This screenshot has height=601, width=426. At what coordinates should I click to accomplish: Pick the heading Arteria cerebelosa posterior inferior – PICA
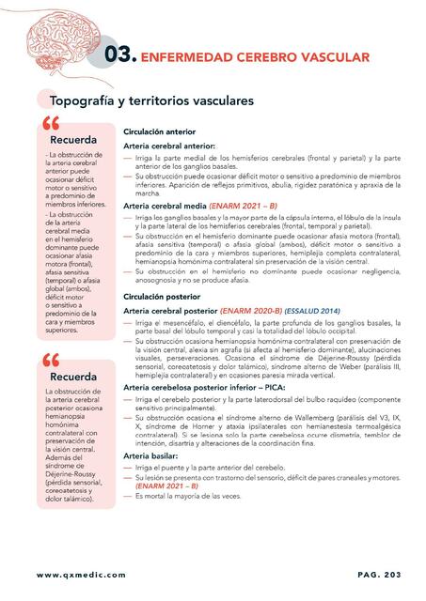pos(203,387)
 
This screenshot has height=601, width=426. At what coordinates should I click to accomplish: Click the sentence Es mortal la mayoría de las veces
pos(186,496)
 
